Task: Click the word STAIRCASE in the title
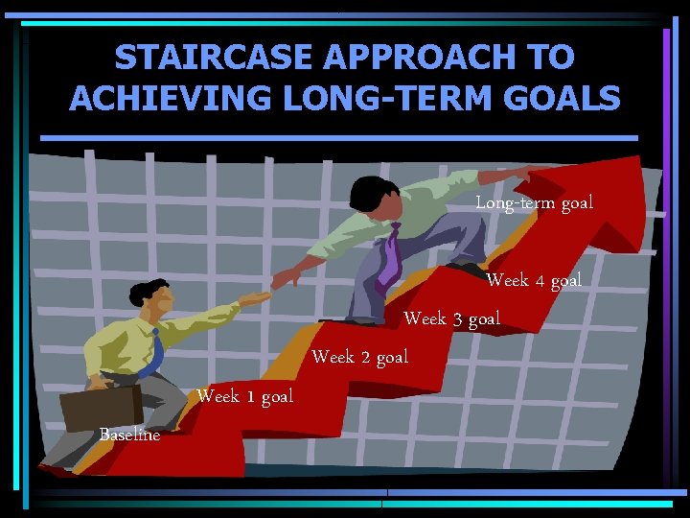[x=213, y=58]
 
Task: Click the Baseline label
[x=129, y=435]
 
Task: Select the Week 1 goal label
[x=244, y=396]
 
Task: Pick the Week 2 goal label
[x=360, y=357]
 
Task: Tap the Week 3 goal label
[x=451, y=318]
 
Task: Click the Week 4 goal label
[x=534, y=280]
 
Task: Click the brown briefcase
[x=101, y=407]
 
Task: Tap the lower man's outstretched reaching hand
[x=255, y=299]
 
